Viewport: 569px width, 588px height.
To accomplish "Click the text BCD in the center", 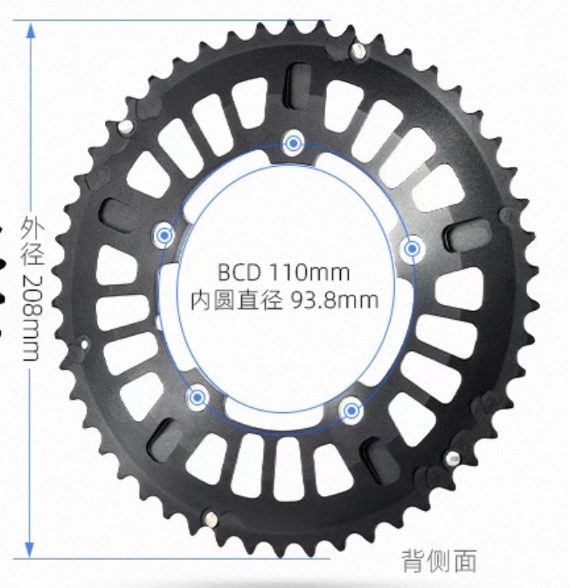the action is (x=239, y=273).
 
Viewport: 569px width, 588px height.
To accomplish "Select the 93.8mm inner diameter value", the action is (x=335, y=301).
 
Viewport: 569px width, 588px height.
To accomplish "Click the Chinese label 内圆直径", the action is (x=236, y=301).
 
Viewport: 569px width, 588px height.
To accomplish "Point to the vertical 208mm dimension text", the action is (x=31, y=318).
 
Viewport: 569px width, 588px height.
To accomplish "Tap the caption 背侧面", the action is (x=440, y=561).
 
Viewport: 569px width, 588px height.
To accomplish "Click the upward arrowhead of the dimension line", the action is (x=31, y=29).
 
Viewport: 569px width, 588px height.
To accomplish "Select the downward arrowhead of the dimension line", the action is (x=30, y=550).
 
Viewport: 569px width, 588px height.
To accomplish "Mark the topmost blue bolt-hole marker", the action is (x=294, y=143).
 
